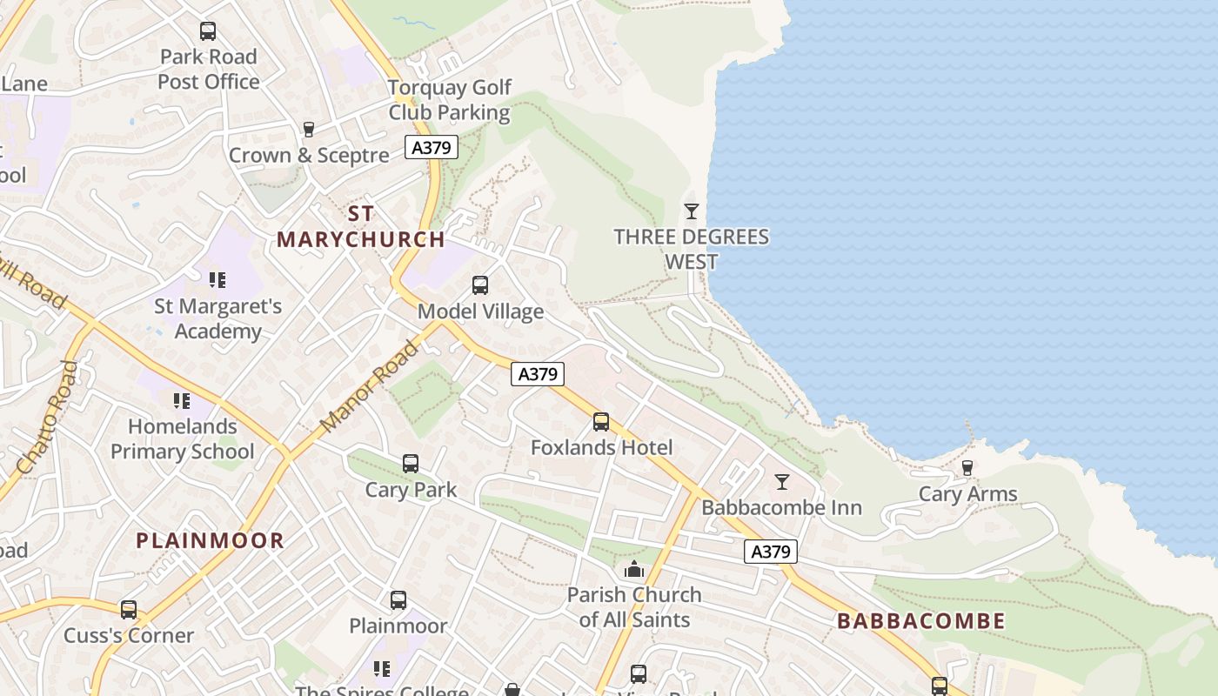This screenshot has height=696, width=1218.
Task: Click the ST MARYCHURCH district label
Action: click(360, 226)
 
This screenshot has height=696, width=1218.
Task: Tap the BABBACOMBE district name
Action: click(920, 621)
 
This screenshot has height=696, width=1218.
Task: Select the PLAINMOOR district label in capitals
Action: click(210, 540)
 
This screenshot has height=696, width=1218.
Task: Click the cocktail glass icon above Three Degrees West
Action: click(692, 211)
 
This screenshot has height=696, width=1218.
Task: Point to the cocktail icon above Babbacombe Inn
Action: click(782, 481)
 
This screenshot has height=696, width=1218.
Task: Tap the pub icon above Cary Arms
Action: click(967, 468)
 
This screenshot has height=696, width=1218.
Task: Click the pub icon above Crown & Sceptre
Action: click(308, 130)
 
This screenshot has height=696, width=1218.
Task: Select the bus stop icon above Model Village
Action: click(479, 285)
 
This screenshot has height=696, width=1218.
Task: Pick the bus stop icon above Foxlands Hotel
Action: click(601, 422)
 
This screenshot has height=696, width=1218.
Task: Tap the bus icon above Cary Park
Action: click(411, 464)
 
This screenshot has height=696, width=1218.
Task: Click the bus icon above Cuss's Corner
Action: click(129, 609)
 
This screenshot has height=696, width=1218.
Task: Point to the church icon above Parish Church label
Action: click(634, 570)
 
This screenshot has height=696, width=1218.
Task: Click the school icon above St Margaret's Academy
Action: click(217, 280)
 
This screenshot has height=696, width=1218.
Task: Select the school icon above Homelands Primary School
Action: click(182, 401)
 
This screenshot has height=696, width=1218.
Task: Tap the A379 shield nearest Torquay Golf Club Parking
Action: click(432, 148)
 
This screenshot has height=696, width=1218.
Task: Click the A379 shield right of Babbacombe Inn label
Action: click(771, 552)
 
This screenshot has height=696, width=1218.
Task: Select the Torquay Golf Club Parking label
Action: click(449, 100)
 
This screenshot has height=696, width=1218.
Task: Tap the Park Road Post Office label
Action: click(209, 70)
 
